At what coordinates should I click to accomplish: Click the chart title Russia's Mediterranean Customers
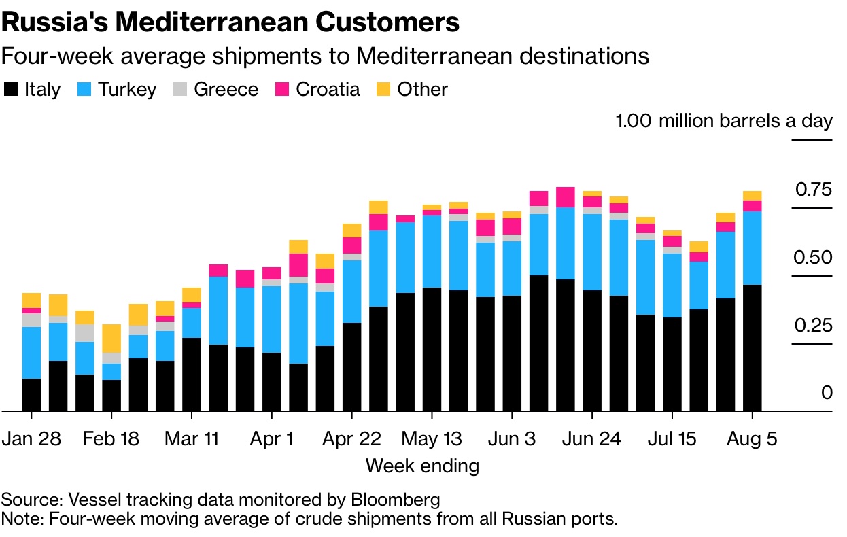[x=230, y=22]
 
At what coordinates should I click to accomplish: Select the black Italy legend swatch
[x=11, y=90]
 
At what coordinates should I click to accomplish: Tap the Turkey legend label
[x=127, y=90]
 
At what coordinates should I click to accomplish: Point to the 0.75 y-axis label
[x=813, y=189]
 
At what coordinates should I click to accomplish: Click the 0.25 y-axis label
[x=813, y=325]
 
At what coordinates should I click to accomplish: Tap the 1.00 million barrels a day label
[x=723, y=121]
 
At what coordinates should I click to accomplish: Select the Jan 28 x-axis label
[x=31, y=438]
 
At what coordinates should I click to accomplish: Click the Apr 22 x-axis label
[x=351, y=438]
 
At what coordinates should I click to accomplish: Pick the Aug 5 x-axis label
[x=752, y=438]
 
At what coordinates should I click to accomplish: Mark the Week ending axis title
[x=422, y=466]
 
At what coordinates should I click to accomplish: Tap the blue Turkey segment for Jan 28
[x=31, y=352]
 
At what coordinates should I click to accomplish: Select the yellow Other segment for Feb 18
[x=111, y=338]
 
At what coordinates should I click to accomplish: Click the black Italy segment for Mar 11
[x=192, y=374]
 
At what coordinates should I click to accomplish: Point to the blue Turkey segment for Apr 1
[x=271, y=319]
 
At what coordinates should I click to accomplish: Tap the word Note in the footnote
[x=17, y=519]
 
